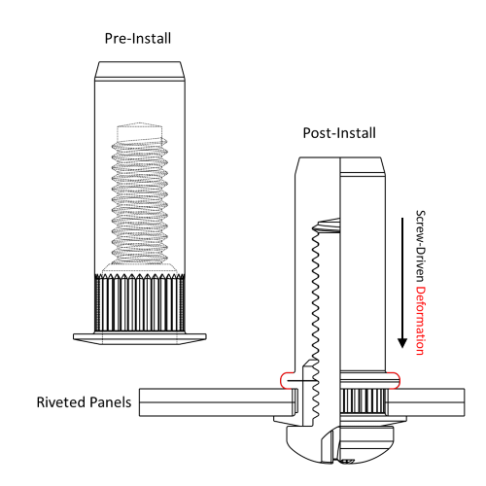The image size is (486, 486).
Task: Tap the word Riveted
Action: [x=60, y=400]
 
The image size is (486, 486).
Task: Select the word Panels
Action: [x=109, y=400]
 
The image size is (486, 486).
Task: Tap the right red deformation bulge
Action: [x=394, y=379]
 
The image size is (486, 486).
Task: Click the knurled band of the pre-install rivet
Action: [x=140, y=301]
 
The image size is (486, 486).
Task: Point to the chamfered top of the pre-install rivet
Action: [x=140, y=71]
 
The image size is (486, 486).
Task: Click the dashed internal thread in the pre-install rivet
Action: [x=140, y=194]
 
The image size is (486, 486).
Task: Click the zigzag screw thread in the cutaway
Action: [x=316, y=292]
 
